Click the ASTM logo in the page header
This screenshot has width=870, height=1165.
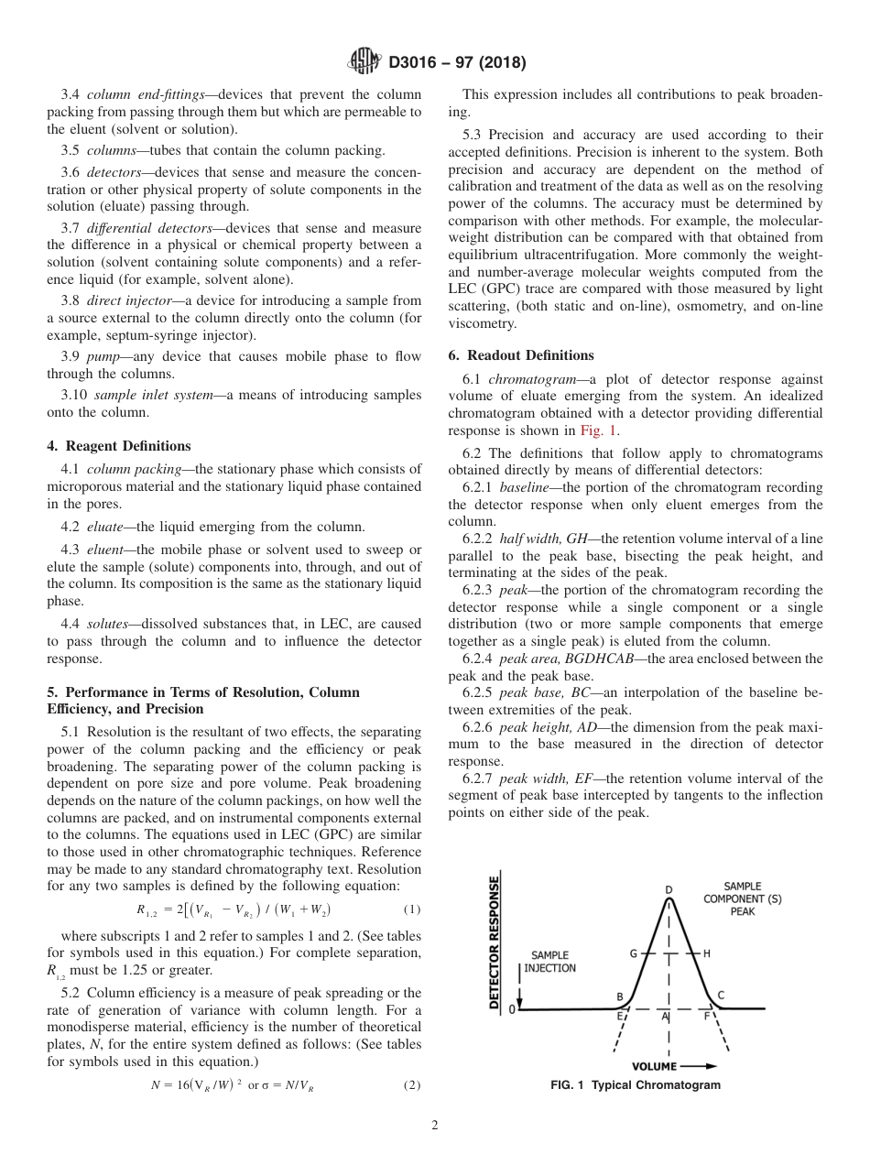[364, 63]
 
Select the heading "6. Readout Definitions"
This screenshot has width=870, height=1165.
[521, 355]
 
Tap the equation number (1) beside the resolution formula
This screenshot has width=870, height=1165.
[411, 910]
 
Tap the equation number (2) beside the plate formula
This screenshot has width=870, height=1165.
[411, 1085]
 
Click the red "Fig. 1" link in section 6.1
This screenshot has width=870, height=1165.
[600, 430]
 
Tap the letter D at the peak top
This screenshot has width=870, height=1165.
[669, 889]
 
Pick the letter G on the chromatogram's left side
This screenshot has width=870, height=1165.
[633, 953]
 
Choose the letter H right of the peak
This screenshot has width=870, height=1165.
[706, 953]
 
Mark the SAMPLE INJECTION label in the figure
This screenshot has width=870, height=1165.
[549, 962]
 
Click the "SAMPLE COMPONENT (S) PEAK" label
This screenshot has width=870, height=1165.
[742, 898]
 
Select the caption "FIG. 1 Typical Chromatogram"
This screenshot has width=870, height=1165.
[635, 1085]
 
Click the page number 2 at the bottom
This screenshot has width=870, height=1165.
[435, 1126]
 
